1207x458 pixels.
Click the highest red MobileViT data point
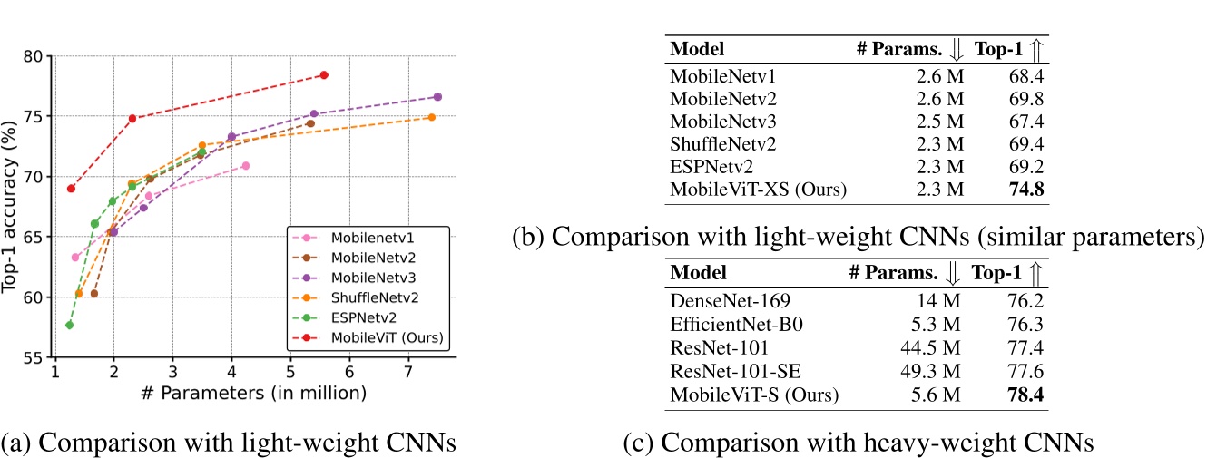(x=324, y=74)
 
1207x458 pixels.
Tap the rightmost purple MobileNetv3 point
(x=437, y=96)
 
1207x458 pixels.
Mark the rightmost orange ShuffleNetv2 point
(x=431, y=117)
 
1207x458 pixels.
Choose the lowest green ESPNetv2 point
(x=70, y=325)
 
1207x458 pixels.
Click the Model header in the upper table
(x=697, y=49)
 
